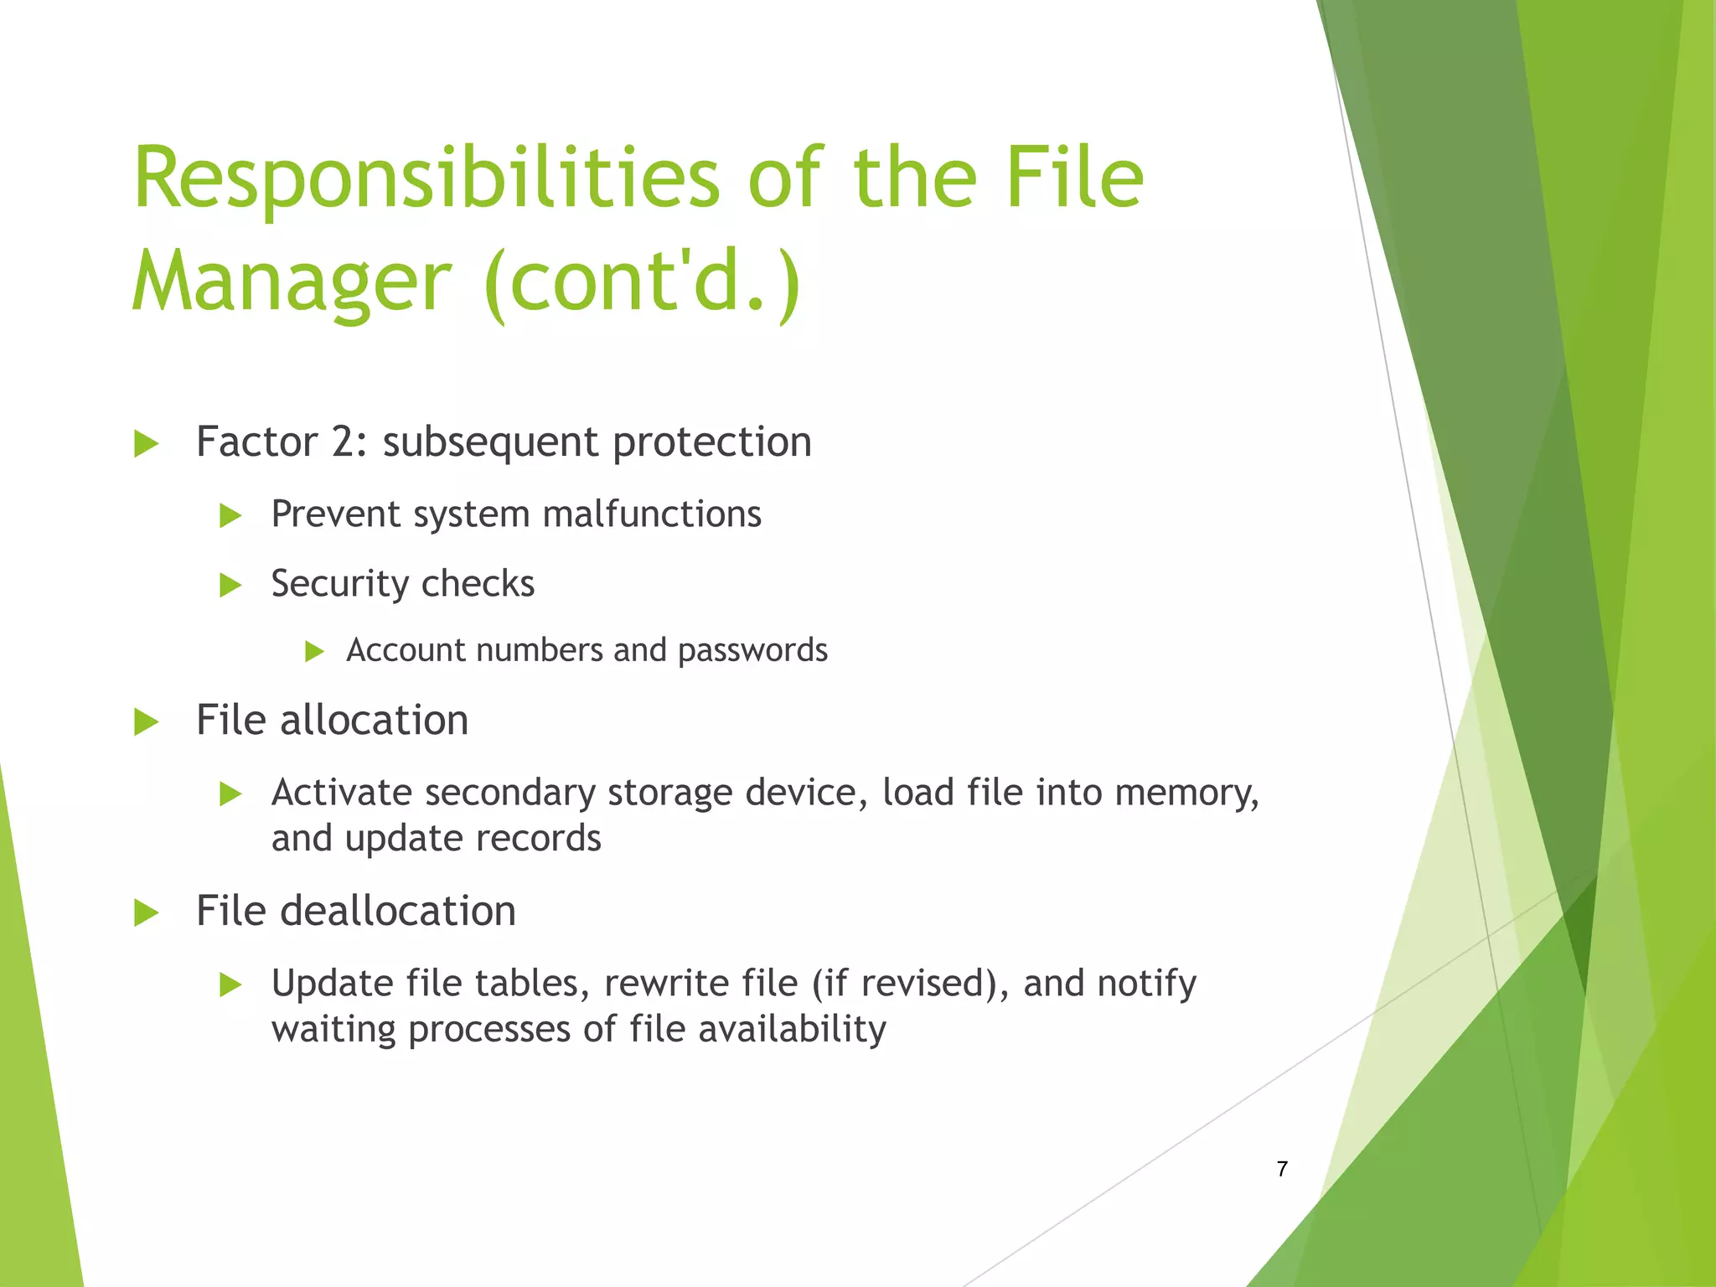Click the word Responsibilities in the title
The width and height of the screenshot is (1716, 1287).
[426, 178]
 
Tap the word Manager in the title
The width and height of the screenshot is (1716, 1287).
[292, 282]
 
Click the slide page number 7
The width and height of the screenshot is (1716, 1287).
[1282, 1169]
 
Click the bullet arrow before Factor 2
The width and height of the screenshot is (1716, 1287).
[146, 443]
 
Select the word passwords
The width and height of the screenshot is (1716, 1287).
[752, 650]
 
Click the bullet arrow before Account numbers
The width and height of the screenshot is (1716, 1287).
[314, 651]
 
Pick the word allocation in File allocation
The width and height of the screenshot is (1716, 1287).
[374, 721]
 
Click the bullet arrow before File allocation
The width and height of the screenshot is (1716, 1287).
[146, 721]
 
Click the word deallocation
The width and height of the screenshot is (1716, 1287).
[397, 911]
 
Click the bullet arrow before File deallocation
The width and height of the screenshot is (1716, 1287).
[146, 912]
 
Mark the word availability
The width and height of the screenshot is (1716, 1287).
[792, 1029]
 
